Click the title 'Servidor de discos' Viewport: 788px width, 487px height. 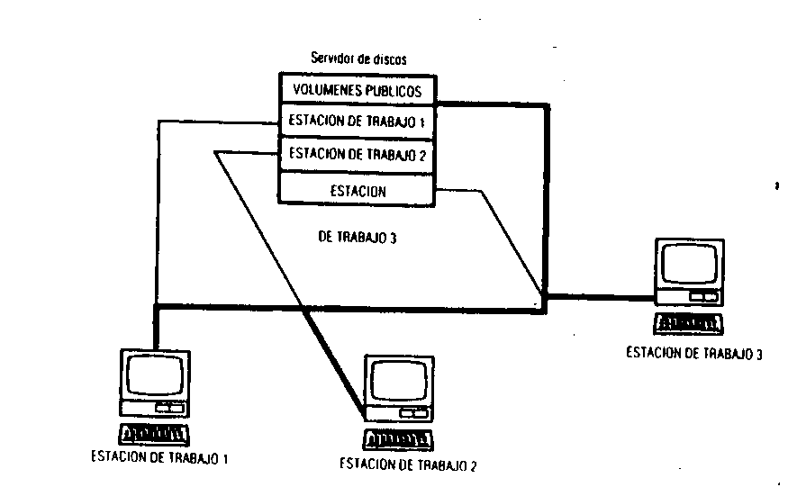click(358, 59)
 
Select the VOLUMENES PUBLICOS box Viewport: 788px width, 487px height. click(358, 90)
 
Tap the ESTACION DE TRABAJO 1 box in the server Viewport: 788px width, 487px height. click(358, 122)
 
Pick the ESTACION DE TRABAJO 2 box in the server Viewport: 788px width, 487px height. click(358, 154)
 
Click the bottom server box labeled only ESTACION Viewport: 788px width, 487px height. click(358, 190)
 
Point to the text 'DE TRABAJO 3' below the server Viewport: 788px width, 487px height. click(358, 239)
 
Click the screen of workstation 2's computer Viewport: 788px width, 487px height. click(397, 382)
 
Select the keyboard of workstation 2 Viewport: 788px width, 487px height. click(399, 439)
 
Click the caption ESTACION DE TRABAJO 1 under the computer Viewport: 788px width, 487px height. click(159, 456)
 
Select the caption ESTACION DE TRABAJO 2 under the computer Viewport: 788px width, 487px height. click(407, 464)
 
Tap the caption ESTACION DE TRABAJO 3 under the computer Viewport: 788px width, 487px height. click(694, 353)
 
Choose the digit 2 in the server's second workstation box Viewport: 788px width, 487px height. click(421, 154)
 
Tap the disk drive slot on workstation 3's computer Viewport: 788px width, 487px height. click(702, 296)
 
